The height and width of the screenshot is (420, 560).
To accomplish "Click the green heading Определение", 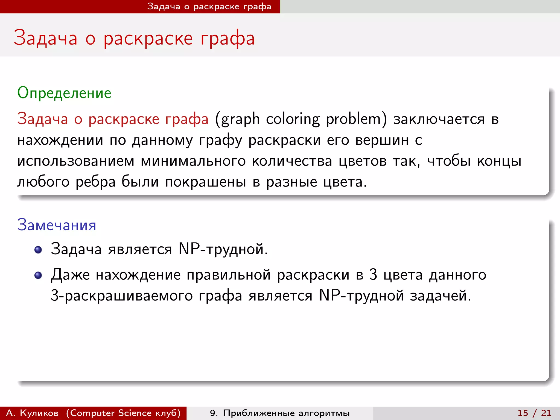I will point(64,93).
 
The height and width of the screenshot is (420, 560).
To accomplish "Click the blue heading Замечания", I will point(57,225).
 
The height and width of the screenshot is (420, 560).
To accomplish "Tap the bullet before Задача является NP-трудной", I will point(38,250).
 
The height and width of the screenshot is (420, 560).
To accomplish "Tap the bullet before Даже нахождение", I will point(38,275).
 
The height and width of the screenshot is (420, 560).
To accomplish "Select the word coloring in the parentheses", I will point(293,119).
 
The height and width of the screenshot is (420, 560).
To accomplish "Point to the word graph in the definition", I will point(240,119).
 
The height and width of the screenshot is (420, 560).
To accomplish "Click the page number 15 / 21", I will point(534,413).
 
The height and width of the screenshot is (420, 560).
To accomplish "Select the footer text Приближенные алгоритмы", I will point(286,413).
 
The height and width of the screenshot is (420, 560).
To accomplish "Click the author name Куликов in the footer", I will point(39,413).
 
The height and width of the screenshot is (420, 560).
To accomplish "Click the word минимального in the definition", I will point(193,161).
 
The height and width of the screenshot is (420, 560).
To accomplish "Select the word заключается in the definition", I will point(439,119).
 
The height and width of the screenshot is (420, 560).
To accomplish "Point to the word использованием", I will point(76,161).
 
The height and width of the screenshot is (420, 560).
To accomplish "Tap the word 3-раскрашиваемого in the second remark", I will point(122,296).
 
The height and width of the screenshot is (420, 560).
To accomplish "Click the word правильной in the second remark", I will point(229,275).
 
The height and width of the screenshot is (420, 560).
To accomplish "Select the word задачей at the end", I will point(440,296).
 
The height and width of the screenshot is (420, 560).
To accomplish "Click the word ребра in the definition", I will point(96,182).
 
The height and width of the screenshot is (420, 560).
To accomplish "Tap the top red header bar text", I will point(209,7).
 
